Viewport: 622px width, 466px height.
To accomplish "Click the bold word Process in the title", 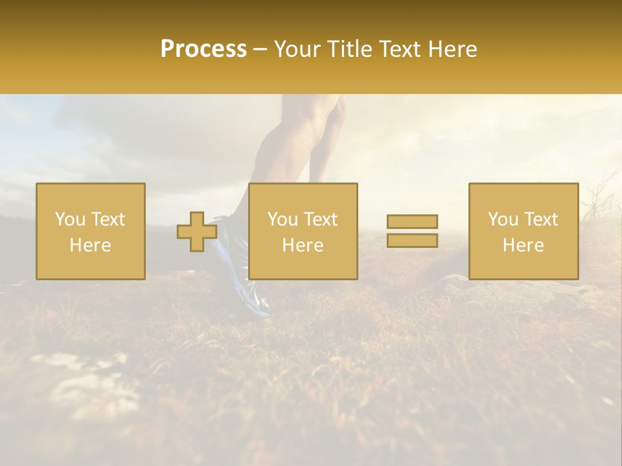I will coord(203,49).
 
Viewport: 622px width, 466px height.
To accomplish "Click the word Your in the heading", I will coord(297,49).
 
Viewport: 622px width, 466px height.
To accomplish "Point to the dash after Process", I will coord(260,50).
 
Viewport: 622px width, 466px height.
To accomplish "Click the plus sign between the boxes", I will coord(197,232).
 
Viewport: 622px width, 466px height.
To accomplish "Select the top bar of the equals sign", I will coord(412,221).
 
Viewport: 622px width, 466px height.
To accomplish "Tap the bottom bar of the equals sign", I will coord(412,240).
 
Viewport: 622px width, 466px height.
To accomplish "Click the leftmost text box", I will coord(91,231).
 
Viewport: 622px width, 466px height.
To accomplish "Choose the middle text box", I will coord(303,231).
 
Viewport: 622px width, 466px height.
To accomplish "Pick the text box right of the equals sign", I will coord(524,231).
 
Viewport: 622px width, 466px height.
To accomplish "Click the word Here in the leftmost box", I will coord(90,245).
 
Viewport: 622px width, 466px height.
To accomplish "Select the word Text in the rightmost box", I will coord(541,219).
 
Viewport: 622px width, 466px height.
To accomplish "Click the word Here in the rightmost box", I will coord(523,245).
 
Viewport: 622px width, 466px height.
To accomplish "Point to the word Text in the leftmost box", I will coord(108,219).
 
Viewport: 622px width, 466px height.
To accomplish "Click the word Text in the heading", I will coord(400,49).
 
